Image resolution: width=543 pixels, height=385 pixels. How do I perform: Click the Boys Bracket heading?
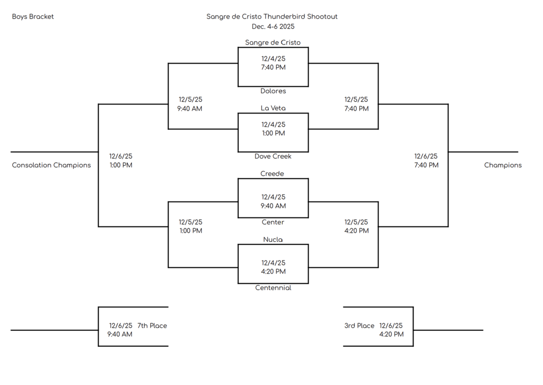pyautogui.click(x=33, y=16)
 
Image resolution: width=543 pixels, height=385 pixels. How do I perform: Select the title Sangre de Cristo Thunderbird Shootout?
pyautogui.click(x=271, y=16)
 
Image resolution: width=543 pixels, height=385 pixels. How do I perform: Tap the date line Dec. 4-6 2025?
pyautogui.click(x=273, y=27)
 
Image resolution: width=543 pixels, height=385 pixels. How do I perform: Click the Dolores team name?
pyautogui.click(x=273, y=91)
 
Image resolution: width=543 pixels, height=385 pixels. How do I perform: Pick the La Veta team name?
pyautogui.click(x=273, y=108)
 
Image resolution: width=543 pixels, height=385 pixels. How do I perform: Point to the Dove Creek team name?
pyautogui.click(x=273, y=156)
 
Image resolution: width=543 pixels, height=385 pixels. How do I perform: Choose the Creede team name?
pyautogui.click(x=272, y=174)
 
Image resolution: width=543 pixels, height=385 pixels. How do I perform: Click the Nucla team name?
pyautogui.click(x=273, y=240)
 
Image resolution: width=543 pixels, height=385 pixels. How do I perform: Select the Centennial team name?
pyautogui.click(x=273, y=288)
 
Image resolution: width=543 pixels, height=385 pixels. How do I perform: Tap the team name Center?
pyautogui.click(x=273, y=222)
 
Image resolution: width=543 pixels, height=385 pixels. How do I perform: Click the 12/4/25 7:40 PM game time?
pyautogui.click(x=273, y=63)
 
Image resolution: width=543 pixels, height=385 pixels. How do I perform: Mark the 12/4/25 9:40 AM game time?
pyautogui.click(x=273, y=202)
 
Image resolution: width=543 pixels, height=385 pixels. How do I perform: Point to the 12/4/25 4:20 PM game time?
pyautogui.click(x=273, y=267)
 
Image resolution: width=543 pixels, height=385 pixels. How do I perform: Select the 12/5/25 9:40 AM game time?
pyautogui.click(x=190, y=104)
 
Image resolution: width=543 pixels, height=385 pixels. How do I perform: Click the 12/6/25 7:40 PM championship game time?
pyautogui.click(x=426, y=161)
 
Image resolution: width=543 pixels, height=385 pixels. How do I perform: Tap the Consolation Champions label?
pyautogui.click(x=51, y=165)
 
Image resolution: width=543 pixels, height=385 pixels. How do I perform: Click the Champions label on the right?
pyautogui.click(x=502, y=165)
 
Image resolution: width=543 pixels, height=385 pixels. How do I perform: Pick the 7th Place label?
pyautogui.click(x=152, y=326)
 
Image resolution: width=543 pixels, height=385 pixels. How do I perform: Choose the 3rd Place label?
pyautogui.click(x=359, y=326)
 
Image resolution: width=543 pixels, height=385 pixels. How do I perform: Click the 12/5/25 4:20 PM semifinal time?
pyautogui.click(x=356, y=226)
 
